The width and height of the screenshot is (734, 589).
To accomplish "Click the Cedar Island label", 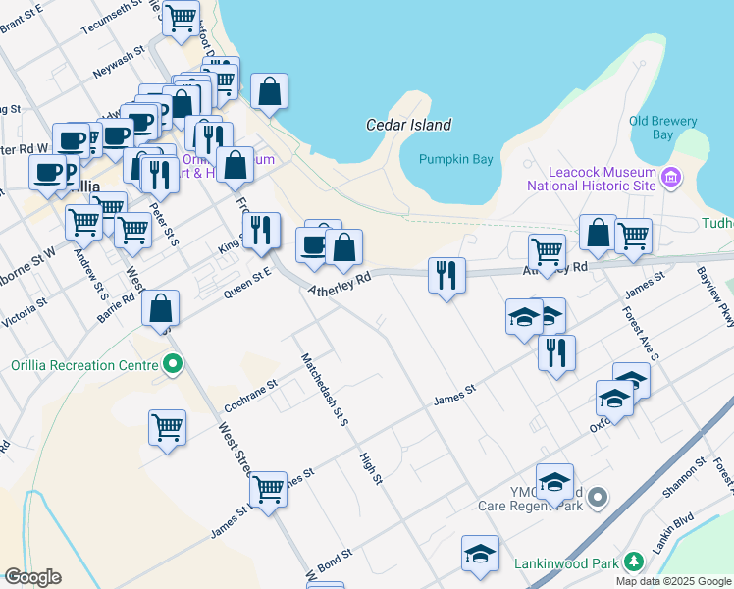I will pos(408,125).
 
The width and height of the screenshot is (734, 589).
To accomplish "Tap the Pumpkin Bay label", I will pos(454,159).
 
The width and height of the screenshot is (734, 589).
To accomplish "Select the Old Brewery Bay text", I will pos(663,128).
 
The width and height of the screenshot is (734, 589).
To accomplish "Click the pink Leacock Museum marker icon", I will pos(671,178).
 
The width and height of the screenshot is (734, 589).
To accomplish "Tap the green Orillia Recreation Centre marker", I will pos(173,366).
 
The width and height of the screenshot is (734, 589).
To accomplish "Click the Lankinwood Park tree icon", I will pos(634,562).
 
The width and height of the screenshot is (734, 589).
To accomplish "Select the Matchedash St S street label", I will pos(325,390).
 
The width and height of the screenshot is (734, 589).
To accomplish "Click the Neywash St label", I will pos(119,61).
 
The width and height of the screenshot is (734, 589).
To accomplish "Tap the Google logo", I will pos(32,577).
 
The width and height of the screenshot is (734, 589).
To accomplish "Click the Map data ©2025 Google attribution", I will pos(672,581).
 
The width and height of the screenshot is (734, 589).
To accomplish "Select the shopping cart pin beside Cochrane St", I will pos(168,427).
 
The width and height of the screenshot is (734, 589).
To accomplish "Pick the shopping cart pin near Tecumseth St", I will pos(181,18).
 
